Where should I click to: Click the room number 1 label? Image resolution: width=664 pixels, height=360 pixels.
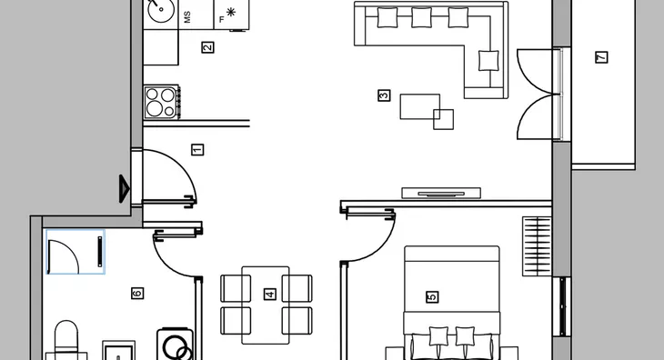(197, 150)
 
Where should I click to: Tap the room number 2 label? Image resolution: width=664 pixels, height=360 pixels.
(207, 47)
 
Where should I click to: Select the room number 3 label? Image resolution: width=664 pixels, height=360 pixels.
(384, 95)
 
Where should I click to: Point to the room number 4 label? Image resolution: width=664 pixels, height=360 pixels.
(270, 294)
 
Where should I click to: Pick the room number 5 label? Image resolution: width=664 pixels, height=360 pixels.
(432, 297)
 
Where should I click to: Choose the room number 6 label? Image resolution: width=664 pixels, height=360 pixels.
(137, 293)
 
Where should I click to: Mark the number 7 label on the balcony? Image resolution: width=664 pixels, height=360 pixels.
(601, 57)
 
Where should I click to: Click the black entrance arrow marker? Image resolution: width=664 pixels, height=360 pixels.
(124, 189)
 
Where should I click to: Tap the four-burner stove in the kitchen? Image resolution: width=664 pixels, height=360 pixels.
(162, 102)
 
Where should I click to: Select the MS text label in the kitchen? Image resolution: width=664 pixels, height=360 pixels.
(187, 17)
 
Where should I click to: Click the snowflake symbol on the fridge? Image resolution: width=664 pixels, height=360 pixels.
(231, 12)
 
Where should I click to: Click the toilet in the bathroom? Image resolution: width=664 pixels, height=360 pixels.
(66, 341)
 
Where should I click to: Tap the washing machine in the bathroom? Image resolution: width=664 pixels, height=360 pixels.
(175, 345)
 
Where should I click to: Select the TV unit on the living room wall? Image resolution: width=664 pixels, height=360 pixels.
(441, 194)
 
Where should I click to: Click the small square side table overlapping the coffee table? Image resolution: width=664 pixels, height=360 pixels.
(443, 119)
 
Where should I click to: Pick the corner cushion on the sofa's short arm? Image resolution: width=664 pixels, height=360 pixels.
(488, 61)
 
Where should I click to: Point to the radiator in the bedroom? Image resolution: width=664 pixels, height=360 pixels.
(537, 246)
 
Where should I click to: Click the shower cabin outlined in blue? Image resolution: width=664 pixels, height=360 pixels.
(75, 252)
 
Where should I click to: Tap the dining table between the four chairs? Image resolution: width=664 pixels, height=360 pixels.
(266, 305)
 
